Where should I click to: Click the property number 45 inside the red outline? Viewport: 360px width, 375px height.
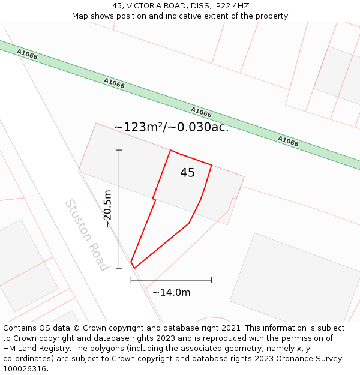[x=187, y=173]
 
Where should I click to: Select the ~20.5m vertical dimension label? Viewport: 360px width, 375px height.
[x=108, y=209]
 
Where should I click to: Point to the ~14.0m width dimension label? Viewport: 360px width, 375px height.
[x=171, y=293]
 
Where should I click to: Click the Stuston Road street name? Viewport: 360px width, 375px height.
[x=87, y=235]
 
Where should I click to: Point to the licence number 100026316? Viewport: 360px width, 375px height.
[x=25, y=369]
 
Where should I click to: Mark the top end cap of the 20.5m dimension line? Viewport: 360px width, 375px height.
[x=119, y=150]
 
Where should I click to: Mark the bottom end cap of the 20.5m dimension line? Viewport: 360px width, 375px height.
[x=119, y=268]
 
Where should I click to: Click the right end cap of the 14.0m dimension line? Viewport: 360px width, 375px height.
[x=211, y=280]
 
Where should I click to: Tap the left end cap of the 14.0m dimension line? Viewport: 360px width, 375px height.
[x=131, y=280]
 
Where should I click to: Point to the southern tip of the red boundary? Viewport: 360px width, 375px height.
[x=134, y=268]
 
